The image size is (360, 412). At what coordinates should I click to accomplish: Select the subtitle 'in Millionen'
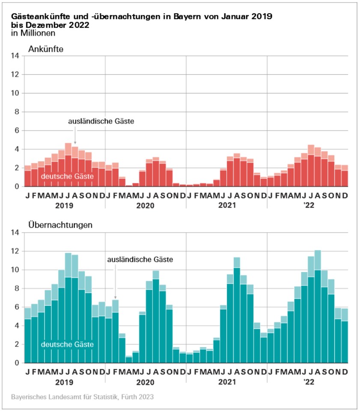pos(31,33)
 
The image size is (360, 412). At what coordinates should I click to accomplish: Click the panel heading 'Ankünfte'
pos(46,49)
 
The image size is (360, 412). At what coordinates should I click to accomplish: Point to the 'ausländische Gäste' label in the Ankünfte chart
pos(101,121)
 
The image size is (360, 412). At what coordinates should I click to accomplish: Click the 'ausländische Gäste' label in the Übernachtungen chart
pos(140,259)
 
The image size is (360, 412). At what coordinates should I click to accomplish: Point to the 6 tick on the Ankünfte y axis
pos(16,130)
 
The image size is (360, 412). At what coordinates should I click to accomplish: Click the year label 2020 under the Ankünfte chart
pos(146,205)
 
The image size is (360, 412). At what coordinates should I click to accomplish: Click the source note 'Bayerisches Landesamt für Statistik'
pos(82,397)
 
